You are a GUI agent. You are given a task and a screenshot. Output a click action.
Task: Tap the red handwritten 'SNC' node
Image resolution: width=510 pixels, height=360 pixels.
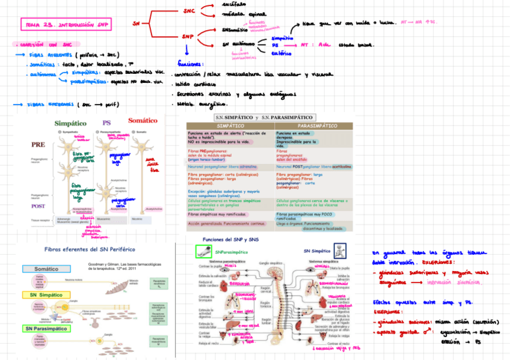click(x=188, y=10)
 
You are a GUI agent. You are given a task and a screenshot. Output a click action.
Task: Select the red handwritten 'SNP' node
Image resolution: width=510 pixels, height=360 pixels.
click(x=188, y=37)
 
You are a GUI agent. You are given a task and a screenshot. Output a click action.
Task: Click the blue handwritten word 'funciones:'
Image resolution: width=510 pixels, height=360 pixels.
click(x=191, y=64)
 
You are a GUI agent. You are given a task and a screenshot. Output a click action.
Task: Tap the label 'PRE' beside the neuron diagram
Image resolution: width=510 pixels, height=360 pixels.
click(x=38, y=145)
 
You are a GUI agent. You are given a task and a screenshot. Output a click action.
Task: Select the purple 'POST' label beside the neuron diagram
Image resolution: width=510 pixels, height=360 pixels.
click(x=38, y=206)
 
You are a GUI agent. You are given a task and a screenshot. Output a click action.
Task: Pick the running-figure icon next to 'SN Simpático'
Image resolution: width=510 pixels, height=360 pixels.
click(x=340, y=251)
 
